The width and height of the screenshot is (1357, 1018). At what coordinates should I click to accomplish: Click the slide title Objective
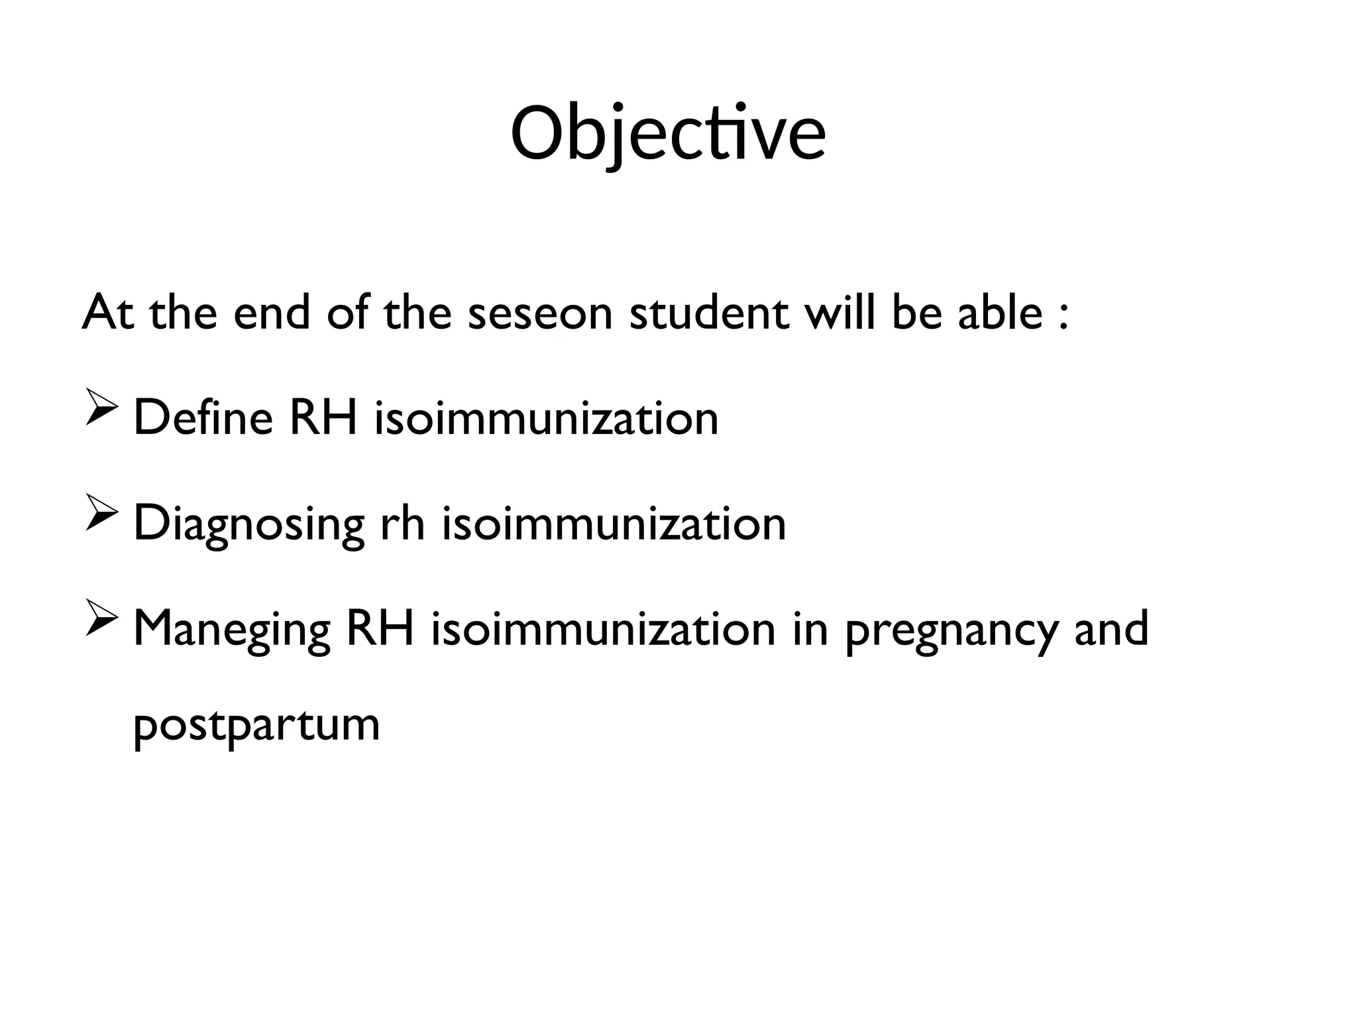pos(668,135)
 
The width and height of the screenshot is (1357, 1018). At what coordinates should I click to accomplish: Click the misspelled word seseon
pos(540,313)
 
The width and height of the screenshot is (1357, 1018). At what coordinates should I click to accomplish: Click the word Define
pos(203,418)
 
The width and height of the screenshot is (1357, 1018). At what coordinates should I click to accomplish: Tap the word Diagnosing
pos(248,524)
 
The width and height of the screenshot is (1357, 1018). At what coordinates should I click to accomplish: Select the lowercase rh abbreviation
pos(402,524)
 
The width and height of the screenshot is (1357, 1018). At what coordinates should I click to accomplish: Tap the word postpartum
pos(256,726)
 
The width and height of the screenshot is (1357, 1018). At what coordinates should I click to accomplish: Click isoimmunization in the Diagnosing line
pos(614,524)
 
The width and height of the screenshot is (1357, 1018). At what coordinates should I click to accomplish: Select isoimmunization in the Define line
pos(546,418)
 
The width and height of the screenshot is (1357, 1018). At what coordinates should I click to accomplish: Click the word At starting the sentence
pos(108,313)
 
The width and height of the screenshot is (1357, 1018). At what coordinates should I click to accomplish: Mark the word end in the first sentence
pos(272,313)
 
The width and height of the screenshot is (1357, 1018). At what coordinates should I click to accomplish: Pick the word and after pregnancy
pos(1111,628)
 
